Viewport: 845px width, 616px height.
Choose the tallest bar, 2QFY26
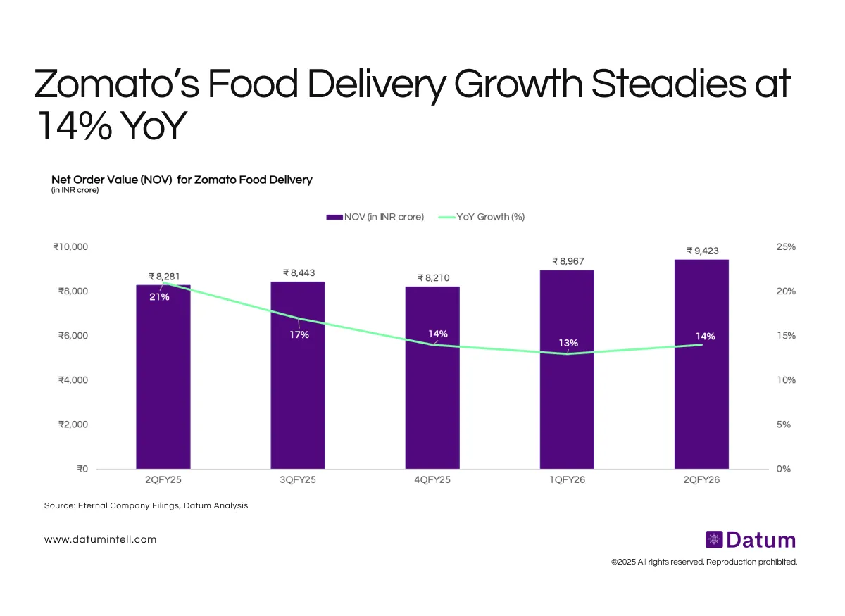[x=701, y=394]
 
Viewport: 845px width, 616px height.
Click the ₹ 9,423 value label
[x=703, y=250]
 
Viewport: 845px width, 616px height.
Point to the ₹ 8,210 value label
[x=433, y=277]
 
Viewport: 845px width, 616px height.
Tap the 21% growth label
[x=158, y=297]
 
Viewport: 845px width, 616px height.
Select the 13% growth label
[x=568, y=343]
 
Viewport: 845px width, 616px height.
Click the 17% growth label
[x=299, y=334]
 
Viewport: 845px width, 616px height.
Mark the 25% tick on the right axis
[x=786, y=247]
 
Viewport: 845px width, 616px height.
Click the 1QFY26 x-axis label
[x=567, y=479]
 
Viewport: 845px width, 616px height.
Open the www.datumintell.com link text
[x=100, y=539]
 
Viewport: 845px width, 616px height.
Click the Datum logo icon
[x=714, y=540]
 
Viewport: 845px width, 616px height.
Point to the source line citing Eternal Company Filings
[x=146, y=505]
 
